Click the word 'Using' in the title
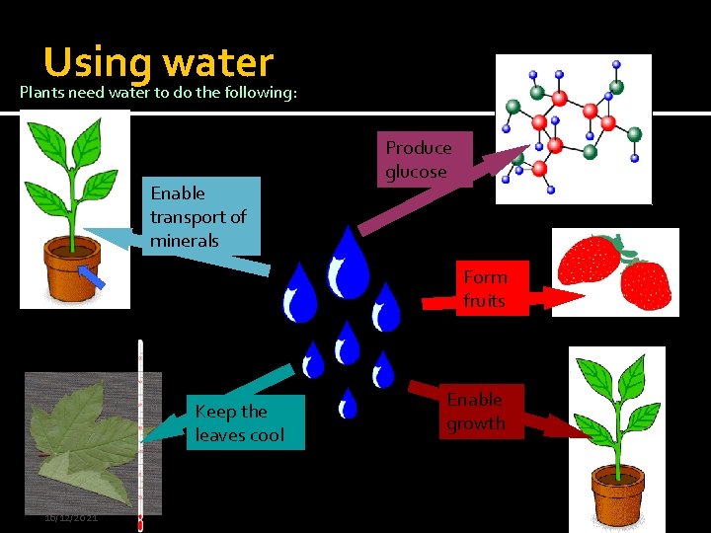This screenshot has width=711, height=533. pos(97,64)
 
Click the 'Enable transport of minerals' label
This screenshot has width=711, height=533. pos(198,216)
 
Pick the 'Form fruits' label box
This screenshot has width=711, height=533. pos(485,288)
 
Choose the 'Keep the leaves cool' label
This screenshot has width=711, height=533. pos(239,423)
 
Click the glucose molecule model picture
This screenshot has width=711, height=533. pos(573,128)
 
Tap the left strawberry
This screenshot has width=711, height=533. pos(589,260)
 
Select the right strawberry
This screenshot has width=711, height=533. pos(646,284)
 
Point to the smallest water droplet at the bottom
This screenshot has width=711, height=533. pos(348,403)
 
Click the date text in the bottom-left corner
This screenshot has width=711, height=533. pos(71,517)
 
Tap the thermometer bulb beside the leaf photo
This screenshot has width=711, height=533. pos(140,522)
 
